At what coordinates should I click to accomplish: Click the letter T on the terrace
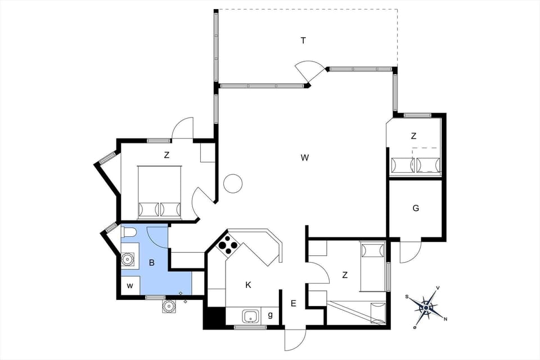pyautogui.click(x=303, y=40)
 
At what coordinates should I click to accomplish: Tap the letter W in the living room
pyautogui.click(x=304, y=158)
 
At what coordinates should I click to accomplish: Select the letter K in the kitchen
pyautogui.click(x=248, y=285)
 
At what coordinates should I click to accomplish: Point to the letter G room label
pyautogui.click(x=416, y=208)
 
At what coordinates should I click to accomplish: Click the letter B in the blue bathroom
pyautogui.click(x=151, y=262)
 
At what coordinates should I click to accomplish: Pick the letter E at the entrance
pyautogui.click(x=293, y=304)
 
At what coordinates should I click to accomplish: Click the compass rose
pyautogui.click(x=426, y=307)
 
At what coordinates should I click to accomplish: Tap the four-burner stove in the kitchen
pyautogui.click(x=228, y=245)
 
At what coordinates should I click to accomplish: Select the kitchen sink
pyautogui.click(x=251, y=316)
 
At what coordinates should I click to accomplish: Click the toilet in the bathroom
pyautogui.click(x=128, y=232)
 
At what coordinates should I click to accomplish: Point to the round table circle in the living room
pyautogui.click(x=232, y=183)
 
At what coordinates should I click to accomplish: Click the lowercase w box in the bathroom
pyautogui.click(x=130, y=286)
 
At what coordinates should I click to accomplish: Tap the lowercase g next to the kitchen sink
pyautogui.click(x=271, y=316)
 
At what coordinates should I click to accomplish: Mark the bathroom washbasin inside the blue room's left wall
pyautogui.click(x=129, y=259)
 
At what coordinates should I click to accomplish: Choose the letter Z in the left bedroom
pyautogui.click(x=166, y=155)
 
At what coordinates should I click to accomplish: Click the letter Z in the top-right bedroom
pyautogui.click(x=413, y=136)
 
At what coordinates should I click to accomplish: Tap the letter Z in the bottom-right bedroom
pyautogui.click(x=345, y=275)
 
